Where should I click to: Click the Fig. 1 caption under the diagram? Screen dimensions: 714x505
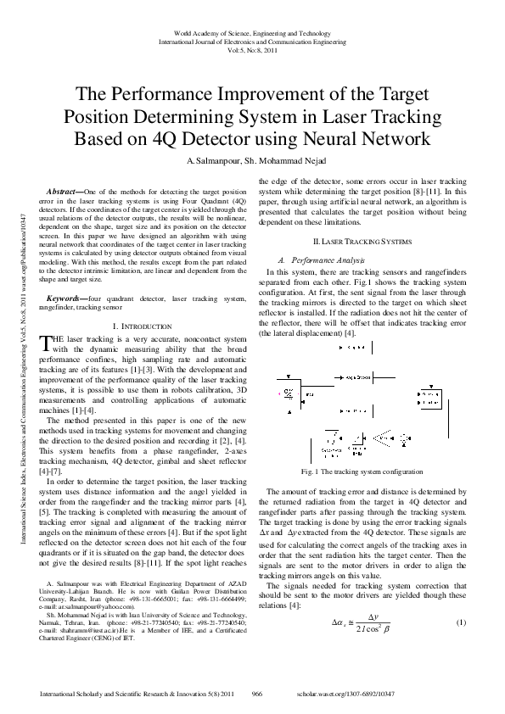tap(362, 471)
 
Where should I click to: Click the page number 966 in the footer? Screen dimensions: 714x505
tap(257, 694)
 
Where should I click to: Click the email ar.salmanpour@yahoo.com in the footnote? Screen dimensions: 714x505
tap(86, 609)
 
